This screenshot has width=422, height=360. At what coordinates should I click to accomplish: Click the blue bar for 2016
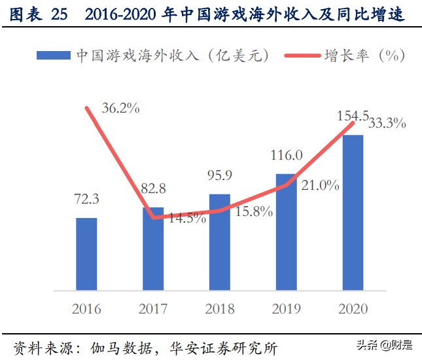click(86, 254)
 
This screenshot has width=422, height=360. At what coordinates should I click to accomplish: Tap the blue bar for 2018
click(219, 242)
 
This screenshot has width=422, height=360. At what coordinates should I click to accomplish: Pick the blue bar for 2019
click(286, 232)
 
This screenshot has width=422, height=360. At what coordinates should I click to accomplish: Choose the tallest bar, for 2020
click(353, 213)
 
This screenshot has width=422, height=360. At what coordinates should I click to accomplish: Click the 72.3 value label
click(86, 198)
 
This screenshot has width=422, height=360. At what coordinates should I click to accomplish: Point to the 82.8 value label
click(152, 189)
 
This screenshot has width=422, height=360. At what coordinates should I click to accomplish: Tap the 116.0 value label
click(286, 155)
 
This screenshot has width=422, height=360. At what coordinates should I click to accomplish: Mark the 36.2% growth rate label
click(120, 109)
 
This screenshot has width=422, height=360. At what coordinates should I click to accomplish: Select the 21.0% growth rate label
click(320, 186)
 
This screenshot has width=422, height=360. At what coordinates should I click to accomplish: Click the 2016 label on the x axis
click(86, 308)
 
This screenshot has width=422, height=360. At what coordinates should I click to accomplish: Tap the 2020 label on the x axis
click(353, 308)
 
